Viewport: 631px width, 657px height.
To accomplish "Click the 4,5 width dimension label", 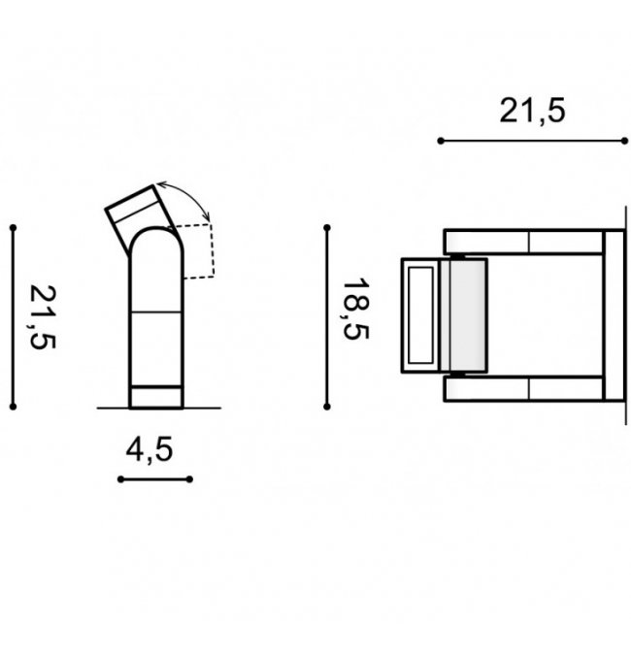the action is pos(149,450).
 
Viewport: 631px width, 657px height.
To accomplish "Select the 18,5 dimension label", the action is pos(356,310).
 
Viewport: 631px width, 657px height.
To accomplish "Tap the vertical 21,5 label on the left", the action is pos(42,316).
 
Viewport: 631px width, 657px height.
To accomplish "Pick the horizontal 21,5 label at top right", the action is pos(533,111).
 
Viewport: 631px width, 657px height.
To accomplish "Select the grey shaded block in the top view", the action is pos(464,315).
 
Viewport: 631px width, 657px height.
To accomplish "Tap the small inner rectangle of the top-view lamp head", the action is pos(420,315).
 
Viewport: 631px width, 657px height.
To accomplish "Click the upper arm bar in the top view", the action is pos(523,242).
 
